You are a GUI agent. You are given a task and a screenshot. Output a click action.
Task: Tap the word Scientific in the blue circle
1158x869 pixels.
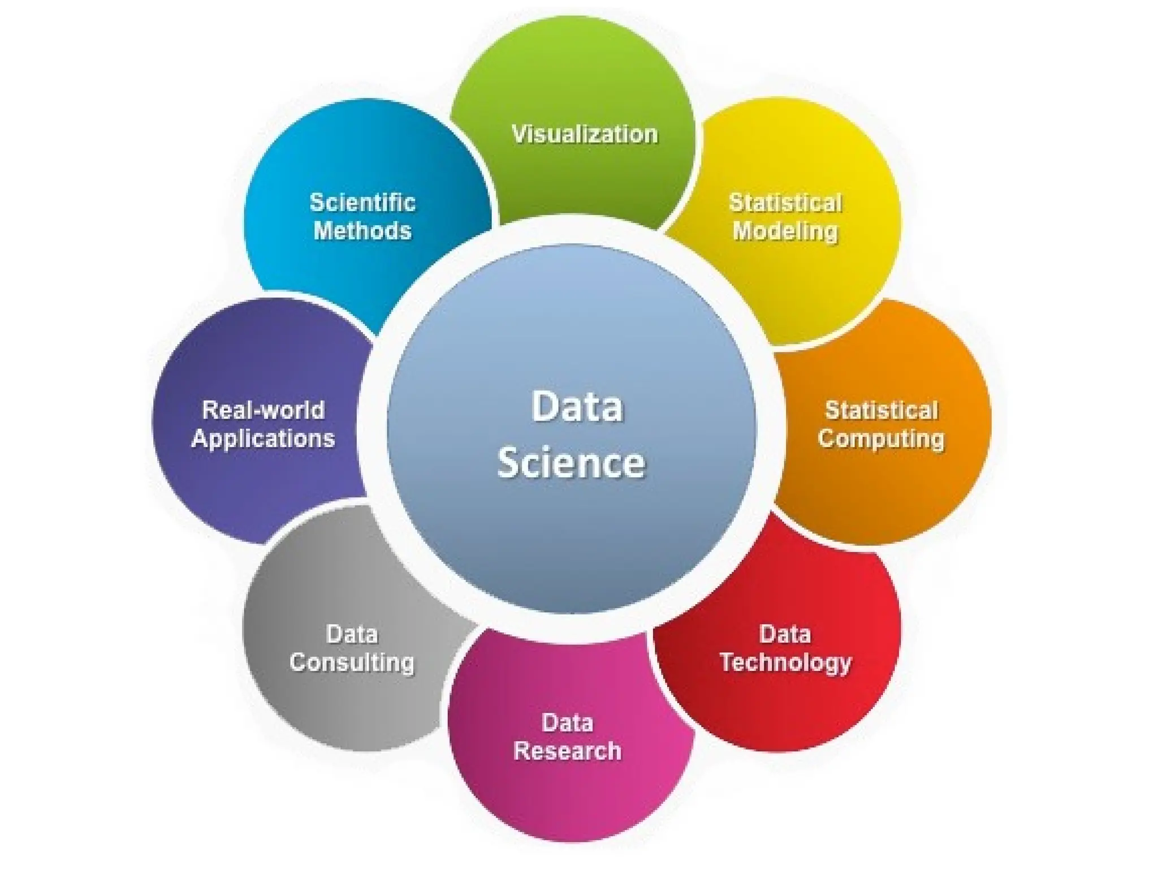[x=362, y=203]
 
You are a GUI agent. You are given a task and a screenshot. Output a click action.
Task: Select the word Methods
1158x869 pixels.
[x=362, y=231]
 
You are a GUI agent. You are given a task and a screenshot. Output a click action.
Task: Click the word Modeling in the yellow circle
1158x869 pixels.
[x=785, y=231]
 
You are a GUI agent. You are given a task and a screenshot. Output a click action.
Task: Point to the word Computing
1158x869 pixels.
[x=881, y=439]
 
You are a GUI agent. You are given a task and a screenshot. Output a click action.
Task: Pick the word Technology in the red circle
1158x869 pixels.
[x=785, y=662]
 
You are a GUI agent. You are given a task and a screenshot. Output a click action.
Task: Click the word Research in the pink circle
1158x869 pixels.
[x=567, y=751]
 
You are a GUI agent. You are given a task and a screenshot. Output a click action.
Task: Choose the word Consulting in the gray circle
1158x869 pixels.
[x=352, y=662]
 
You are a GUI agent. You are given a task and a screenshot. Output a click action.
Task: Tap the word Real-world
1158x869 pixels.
[x=263, y=410]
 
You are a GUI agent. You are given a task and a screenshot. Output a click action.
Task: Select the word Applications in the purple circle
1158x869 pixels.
[x=263, y=438]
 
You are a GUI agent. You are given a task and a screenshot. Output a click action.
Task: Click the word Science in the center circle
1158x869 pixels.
[x=571, y=462]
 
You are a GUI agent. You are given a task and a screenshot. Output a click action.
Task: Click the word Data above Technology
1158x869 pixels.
[x=785, y=634]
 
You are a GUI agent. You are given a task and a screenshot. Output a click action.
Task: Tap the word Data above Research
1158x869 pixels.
[x=567, y=722]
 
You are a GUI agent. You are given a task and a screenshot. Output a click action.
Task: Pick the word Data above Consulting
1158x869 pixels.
[x=352, y=634]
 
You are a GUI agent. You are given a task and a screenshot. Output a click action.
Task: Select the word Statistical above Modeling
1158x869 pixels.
[x=785, y=203]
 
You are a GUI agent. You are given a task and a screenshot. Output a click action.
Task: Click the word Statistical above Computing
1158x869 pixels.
[x=882, y=411]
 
